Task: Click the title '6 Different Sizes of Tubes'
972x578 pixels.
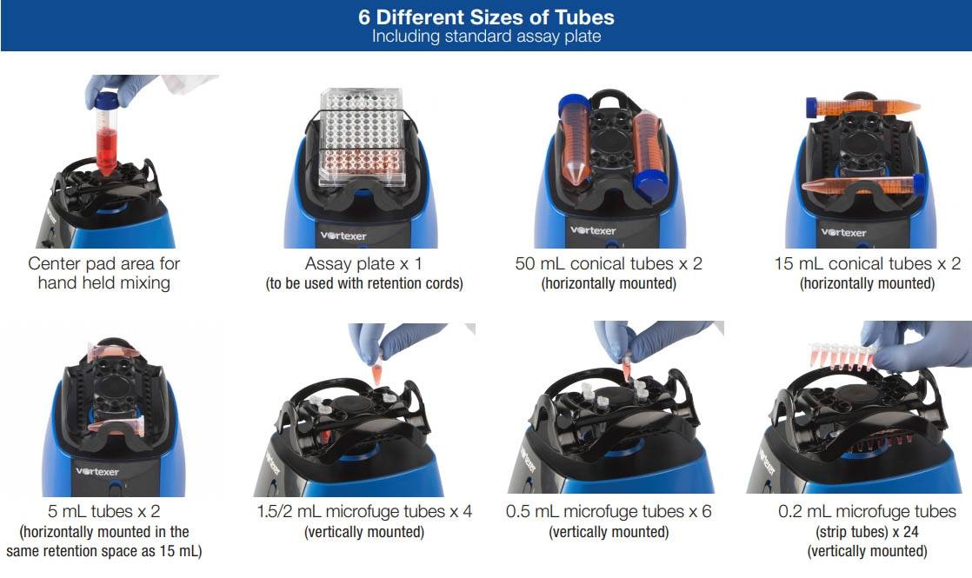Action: point(486,17)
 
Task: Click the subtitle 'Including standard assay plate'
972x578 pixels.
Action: point(486,36)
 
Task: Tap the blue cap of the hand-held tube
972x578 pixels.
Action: point(106,100)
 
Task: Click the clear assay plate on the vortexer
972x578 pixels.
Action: point(362,137)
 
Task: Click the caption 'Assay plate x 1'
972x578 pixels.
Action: point(364,264)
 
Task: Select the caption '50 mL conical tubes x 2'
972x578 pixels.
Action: point(609,264)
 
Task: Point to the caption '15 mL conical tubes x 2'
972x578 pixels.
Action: point(868,264)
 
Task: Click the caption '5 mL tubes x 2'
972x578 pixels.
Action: point(104,512)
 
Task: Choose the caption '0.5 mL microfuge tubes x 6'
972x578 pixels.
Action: point(609,512)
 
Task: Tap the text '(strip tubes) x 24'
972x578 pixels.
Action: point(868,532)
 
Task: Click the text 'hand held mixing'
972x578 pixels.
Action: point(104,283)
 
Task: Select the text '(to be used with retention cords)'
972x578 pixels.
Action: point(364,283)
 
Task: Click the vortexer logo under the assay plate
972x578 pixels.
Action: point(343,236)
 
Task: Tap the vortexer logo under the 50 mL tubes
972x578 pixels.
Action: point(593,230)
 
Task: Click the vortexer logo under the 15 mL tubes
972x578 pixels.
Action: point(843,232)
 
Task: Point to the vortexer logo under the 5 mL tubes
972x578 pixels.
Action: point(97,471)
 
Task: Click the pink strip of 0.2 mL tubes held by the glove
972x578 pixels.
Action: point(842,357)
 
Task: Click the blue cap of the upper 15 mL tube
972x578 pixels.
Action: point(811,108)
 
